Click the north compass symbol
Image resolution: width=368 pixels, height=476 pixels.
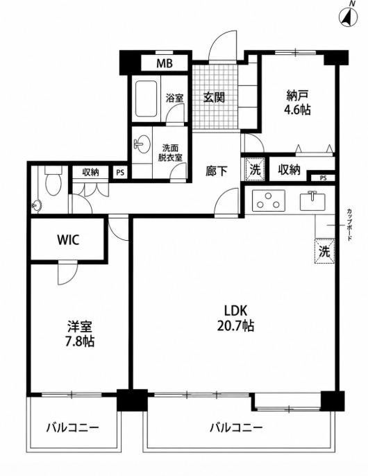point(349,17)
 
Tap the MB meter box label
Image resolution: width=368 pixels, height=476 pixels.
point(165,64)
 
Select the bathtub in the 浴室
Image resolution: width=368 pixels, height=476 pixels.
point(146,99)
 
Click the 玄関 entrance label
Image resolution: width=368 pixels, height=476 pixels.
point(214,97)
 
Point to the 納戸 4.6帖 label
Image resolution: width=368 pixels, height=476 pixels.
point(297,103)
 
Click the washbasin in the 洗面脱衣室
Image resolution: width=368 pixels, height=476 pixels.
point(142,144)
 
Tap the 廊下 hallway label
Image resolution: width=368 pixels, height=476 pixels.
point(217,171)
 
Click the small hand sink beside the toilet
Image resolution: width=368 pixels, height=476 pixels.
point(37,205)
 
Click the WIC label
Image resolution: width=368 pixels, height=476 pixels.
point(68,240)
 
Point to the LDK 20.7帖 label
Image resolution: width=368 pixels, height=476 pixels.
point(235,318)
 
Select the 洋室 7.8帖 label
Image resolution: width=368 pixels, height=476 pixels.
point(80,334)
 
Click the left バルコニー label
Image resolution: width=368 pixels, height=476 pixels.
point(73,428)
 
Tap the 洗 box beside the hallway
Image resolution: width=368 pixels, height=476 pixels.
point(256,170)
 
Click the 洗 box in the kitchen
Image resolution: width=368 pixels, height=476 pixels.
point(324,251)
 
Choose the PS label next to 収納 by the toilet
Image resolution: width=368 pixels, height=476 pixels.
point(120,172)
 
